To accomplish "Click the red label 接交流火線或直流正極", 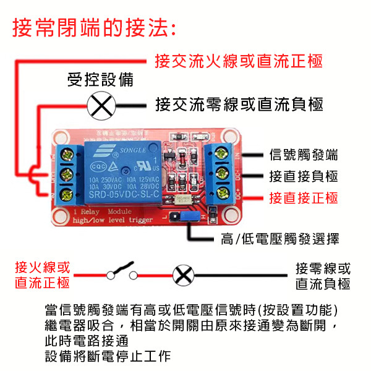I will pos(239,62).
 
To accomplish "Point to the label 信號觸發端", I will pos(304,155).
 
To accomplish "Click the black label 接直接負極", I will pos(304,176).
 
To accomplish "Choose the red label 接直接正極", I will pos(304,198).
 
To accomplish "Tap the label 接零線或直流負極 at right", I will pos(323,276).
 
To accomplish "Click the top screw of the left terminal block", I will pos(67,153).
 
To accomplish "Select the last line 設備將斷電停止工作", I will pos(108,357).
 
